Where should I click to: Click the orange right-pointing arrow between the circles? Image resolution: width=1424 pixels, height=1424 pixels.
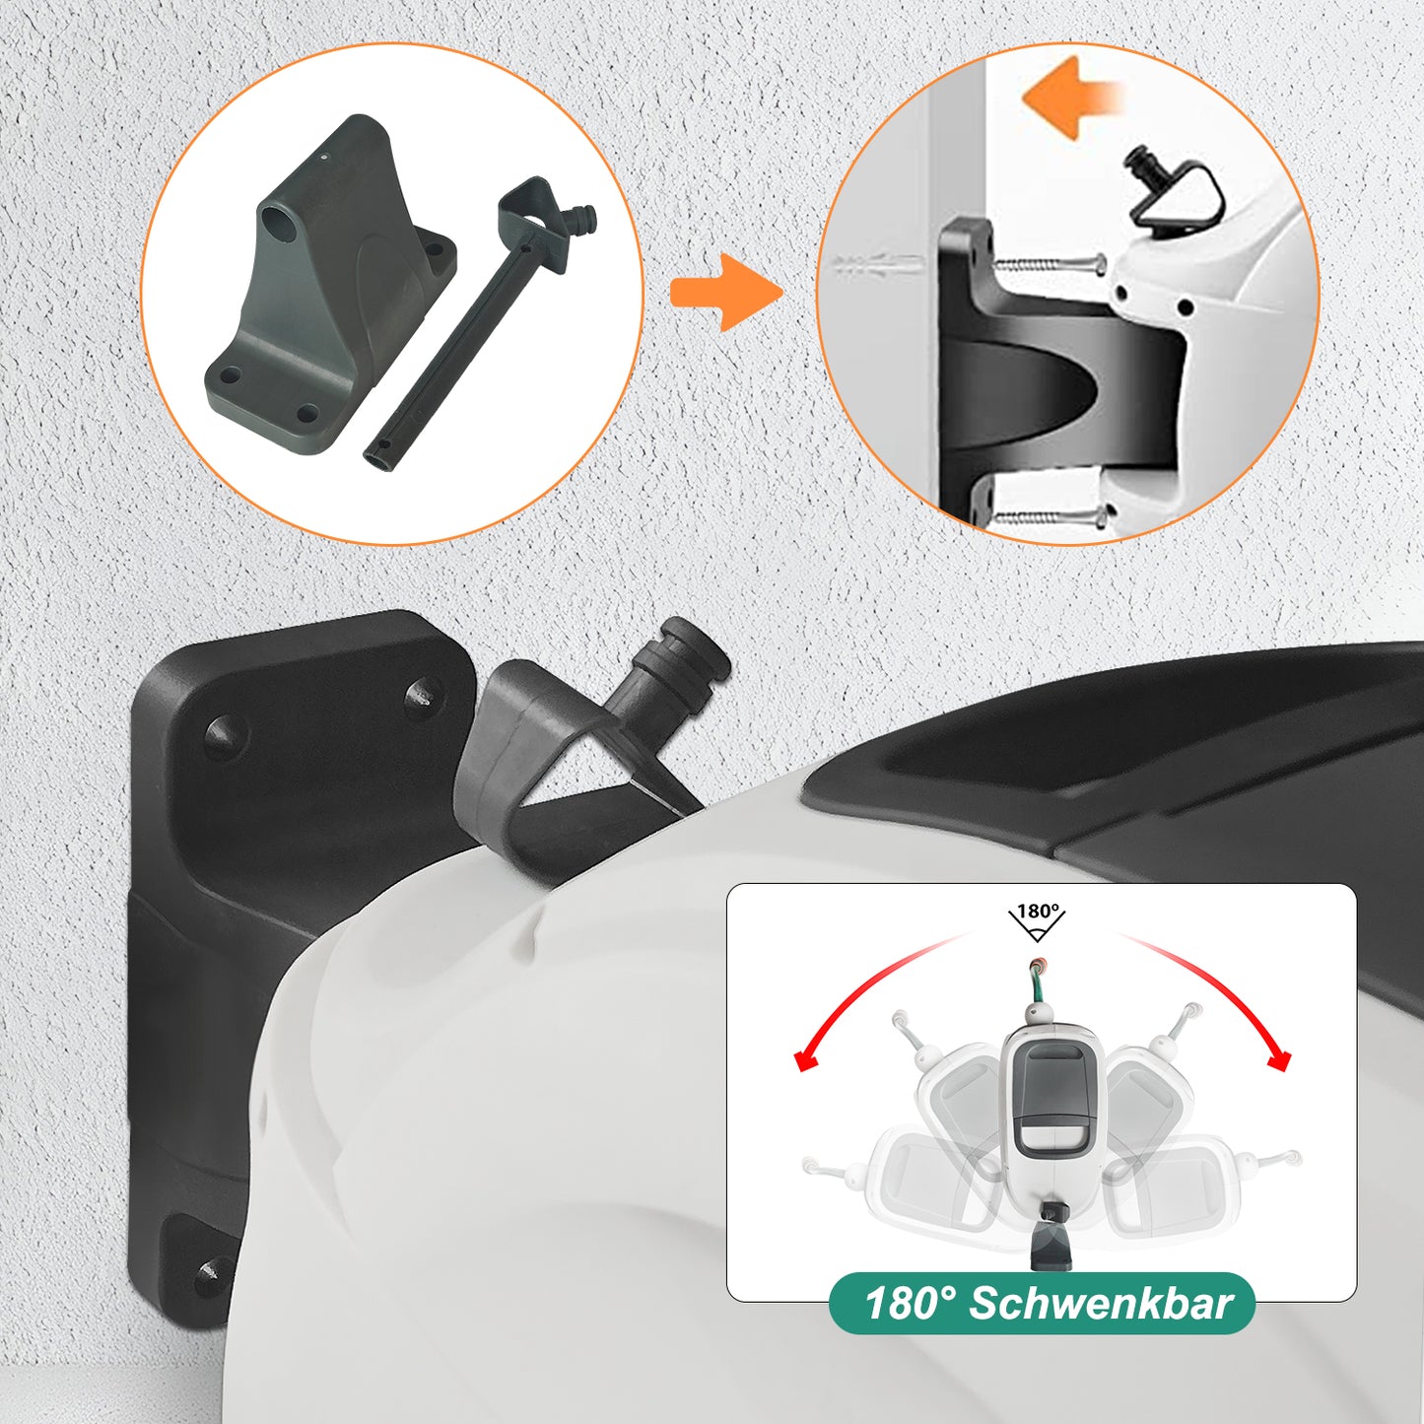(x=724, y=292)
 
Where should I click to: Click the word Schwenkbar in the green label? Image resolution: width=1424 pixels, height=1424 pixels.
(x=1101, y=1304)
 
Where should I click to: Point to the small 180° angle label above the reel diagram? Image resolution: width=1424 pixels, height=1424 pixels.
(x=1037, y=912)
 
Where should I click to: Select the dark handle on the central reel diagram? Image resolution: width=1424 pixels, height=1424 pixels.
(x=1050, y=1094)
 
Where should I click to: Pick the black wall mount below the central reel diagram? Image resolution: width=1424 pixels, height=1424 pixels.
(x=1051, y=1247)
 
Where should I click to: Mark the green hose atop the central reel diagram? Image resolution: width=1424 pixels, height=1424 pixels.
(x=1037, y=986)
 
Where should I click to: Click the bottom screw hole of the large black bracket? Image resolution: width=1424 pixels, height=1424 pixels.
(x=210, y=1276)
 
